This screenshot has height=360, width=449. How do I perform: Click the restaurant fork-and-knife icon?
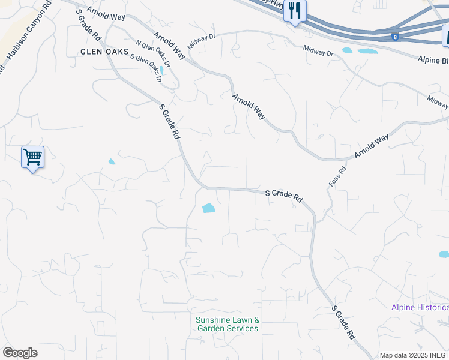[295, 11]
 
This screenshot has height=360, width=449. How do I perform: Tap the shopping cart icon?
[32, 157]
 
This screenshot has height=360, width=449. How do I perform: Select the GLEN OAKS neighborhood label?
[105, 52]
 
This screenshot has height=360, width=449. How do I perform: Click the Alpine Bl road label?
[433, 60]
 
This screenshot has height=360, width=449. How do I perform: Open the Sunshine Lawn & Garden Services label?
[227, 324]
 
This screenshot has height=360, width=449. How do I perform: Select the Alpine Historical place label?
[420, 307]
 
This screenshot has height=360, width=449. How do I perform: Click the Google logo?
[20, 352]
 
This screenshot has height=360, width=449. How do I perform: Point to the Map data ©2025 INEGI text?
[414, 355]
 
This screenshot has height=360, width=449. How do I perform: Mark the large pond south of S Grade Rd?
[209, 208]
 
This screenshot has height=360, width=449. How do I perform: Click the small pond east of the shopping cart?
[112, 161]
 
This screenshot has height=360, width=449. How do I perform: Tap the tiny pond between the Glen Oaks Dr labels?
[161, 70]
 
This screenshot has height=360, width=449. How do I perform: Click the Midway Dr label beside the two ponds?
[318, 52]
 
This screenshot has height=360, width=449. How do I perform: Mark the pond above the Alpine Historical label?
[444, 254]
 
